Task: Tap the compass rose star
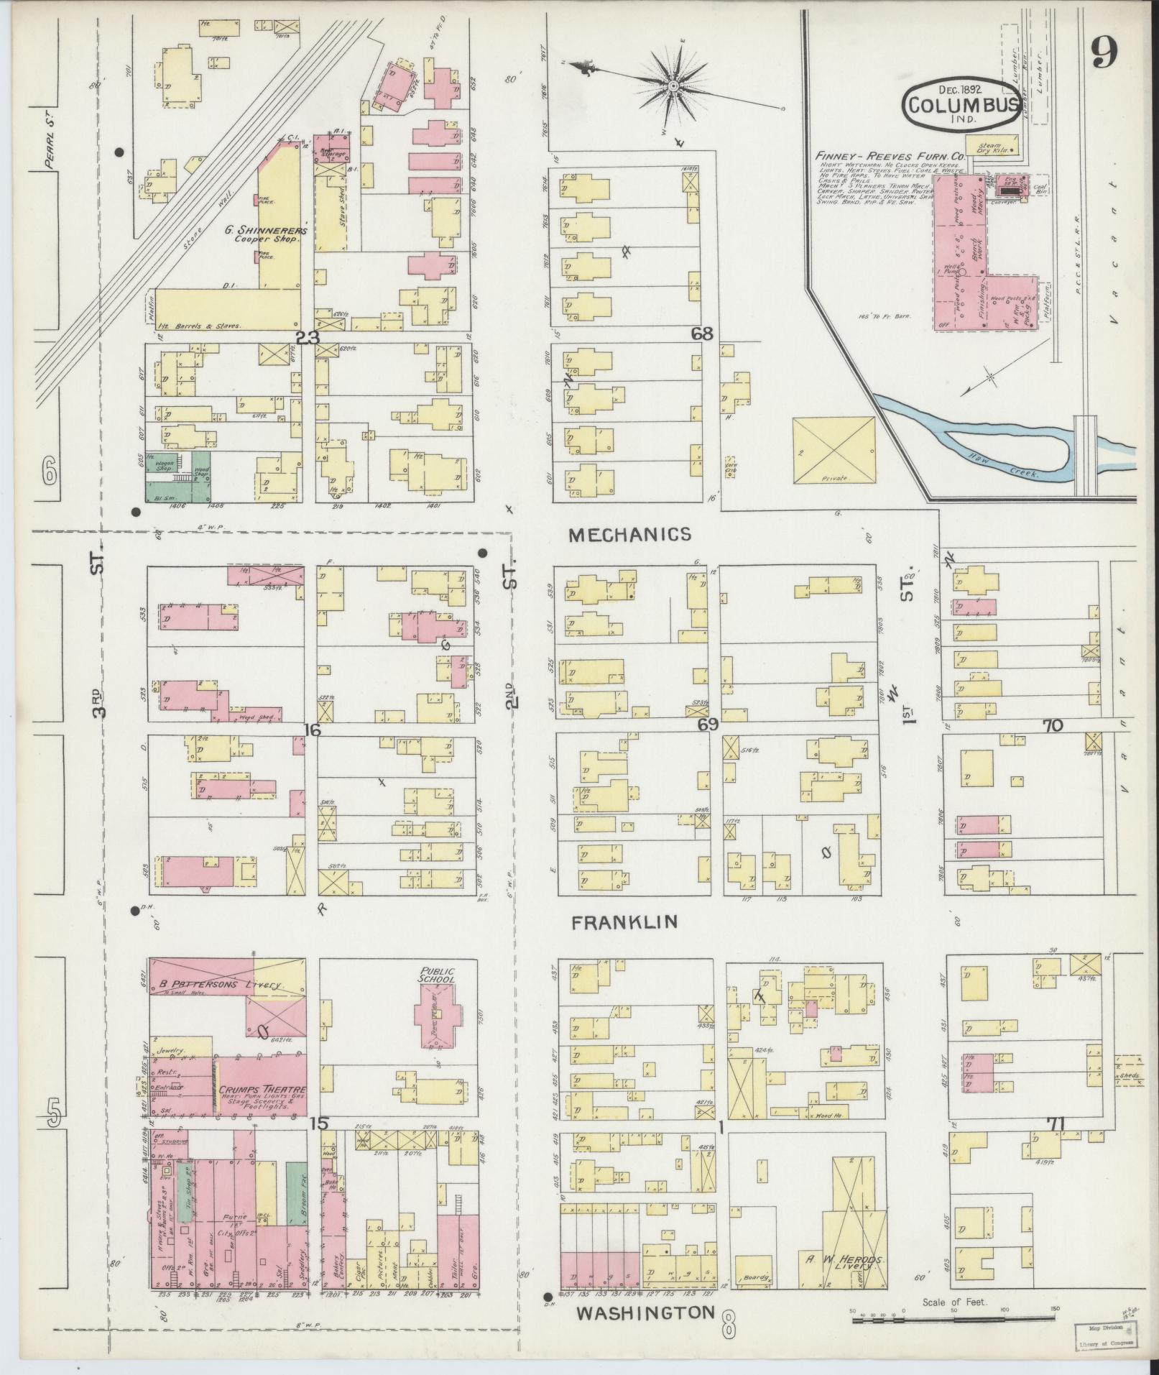pos(673,86)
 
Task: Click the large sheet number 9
pos(1103,52)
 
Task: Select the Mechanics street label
pos(629,534)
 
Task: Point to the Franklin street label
pos(624,922)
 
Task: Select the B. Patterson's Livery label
pos(217,984)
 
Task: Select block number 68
pos(702,334)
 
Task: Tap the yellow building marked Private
pos(833,451)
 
